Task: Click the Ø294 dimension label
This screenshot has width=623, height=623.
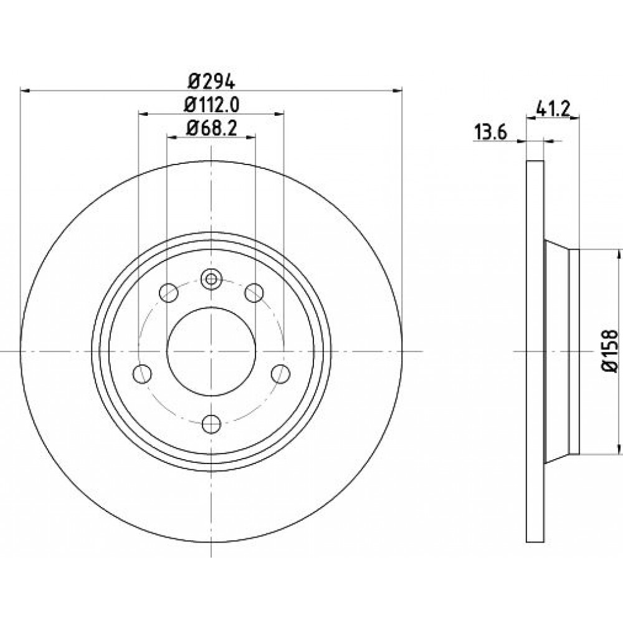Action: [211, 82]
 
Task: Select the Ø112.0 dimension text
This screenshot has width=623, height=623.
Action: [211, 105]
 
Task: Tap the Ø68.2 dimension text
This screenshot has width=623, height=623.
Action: [211, 128]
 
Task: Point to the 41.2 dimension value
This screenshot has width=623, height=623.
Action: [553, 108]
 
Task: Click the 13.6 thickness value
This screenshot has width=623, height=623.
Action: [490, 132]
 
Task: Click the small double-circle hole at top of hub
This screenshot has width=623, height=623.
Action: [211, 279]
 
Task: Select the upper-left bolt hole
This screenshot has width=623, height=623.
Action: [168, 293]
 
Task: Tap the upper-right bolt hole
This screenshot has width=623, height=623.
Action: [254, 293]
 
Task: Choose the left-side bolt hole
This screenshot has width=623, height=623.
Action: [143, 373]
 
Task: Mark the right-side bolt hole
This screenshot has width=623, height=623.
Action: [280, 373]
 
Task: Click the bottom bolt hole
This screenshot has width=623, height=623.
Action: [211, 424]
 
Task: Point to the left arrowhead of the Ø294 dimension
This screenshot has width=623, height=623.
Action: [25, 91]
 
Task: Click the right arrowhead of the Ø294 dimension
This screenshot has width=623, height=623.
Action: [397, 91]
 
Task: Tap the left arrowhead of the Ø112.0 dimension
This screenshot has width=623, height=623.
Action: [143, 114]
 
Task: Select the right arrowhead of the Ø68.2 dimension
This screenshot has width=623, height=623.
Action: [250, 138]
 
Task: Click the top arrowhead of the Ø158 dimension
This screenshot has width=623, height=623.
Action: [619, 254]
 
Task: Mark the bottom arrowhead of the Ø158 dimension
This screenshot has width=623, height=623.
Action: [619, 449]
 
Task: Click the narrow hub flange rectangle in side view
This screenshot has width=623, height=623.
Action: [574, 351]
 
